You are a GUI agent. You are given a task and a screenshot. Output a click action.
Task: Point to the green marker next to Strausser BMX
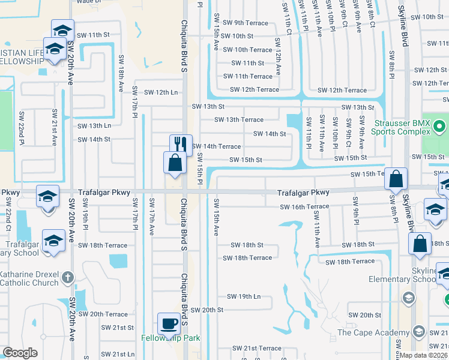[439, 127]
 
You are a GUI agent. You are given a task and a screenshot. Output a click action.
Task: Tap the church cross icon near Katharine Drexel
[67, 278]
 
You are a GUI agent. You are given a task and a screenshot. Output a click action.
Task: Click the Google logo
[20, 353]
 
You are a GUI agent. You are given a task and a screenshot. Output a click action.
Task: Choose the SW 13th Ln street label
[94, 126]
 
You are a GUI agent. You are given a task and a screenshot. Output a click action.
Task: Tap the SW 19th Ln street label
[244, 296]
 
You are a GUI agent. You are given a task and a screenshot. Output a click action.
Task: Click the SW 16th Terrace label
[304, 207]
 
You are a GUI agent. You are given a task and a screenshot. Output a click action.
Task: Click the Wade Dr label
[88, 2]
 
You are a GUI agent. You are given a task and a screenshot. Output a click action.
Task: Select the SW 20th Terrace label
[108, 314]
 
